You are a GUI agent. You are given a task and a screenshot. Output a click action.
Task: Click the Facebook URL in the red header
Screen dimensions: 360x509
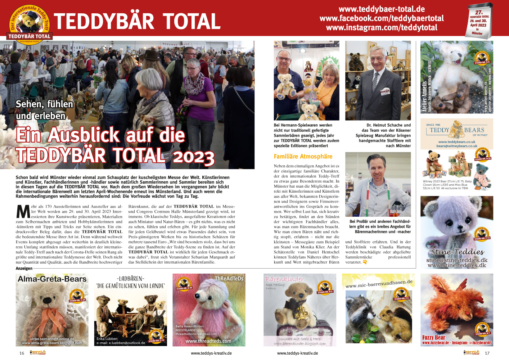382,18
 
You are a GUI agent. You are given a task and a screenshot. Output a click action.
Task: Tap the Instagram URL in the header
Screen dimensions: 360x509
382,28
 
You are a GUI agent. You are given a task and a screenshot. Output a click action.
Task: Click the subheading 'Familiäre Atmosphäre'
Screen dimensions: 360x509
303,157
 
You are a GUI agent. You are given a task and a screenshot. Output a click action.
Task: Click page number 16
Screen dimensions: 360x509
22,353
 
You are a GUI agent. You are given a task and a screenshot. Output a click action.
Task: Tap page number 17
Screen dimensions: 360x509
487,353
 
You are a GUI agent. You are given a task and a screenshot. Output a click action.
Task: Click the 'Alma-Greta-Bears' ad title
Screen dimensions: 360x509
52,279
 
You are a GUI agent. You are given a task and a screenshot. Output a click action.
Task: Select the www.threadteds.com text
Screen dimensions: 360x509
208,341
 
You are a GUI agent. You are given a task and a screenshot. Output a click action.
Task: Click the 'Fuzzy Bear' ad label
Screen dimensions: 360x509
433,337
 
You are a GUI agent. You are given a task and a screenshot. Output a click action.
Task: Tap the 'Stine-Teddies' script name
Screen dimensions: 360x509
457,252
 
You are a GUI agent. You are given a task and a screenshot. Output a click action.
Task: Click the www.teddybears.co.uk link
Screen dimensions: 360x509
456,142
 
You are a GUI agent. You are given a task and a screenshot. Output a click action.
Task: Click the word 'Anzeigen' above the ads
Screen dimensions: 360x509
24,269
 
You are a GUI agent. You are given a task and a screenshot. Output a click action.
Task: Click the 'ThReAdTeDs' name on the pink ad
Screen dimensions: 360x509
229,278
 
